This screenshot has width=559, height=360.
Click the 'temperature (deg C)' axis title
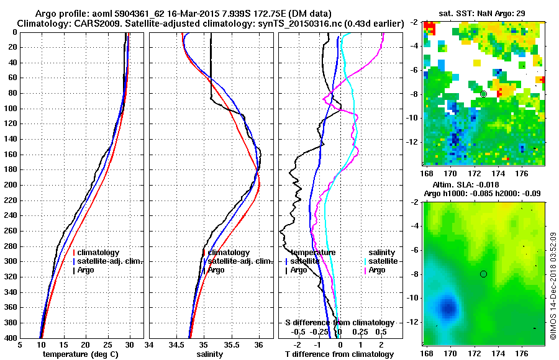[x=80, y=354]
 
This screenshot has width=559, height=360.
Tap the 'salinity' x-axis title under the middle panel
[x=210, y=354]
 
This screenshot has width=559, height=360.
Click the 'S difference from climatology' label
[x=340, y=323]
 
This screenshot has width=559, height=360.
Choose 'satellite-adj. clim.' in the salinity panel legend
[x=240, y=261]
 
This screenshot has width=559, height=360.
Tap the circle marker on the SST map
[x=483, y=94]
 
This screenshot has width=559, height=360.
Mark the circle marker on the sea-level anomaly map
[x=483, y=274]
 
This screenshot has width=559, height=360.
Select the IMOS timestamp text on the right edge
[x=553, y=286]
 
